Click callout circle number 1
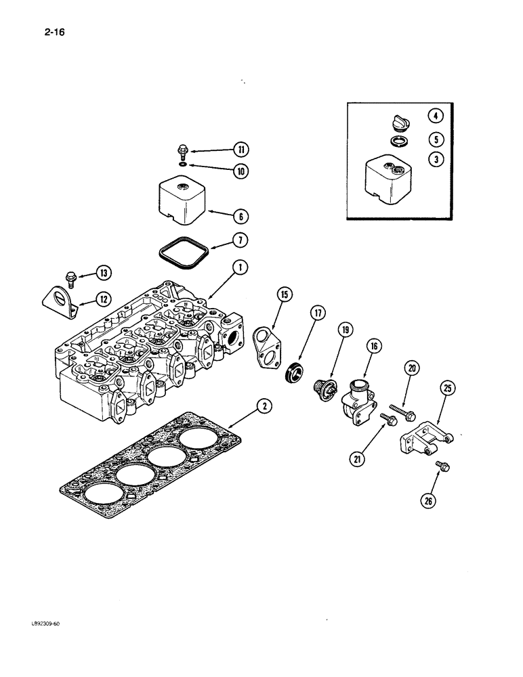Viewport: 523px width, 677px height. pos(239,268)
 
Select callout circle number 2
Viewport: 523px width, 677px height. pos(265,406)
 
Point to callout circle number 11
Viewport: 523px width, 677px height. pos(240,150)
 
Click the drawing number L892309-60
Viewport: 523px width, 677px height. pos(45,624)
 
